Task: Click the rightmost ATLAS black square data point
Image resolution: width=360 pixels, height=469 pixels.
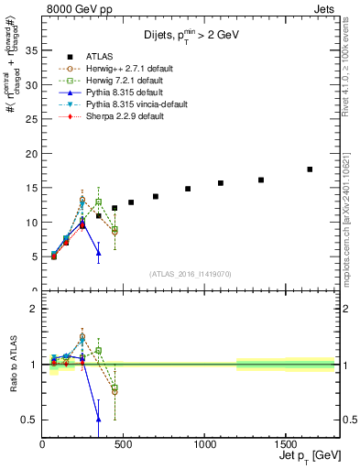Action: point(310,169)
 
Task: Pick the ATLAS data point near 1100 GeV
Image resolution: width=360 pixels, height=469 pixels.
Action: point(221,183)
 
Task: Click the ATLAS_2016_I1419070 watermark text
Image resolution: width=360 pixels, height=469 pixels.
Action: point(191,273)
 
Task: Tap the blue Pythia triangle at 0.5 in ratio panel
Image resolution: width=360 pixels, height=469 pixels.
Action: point(98,420)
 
